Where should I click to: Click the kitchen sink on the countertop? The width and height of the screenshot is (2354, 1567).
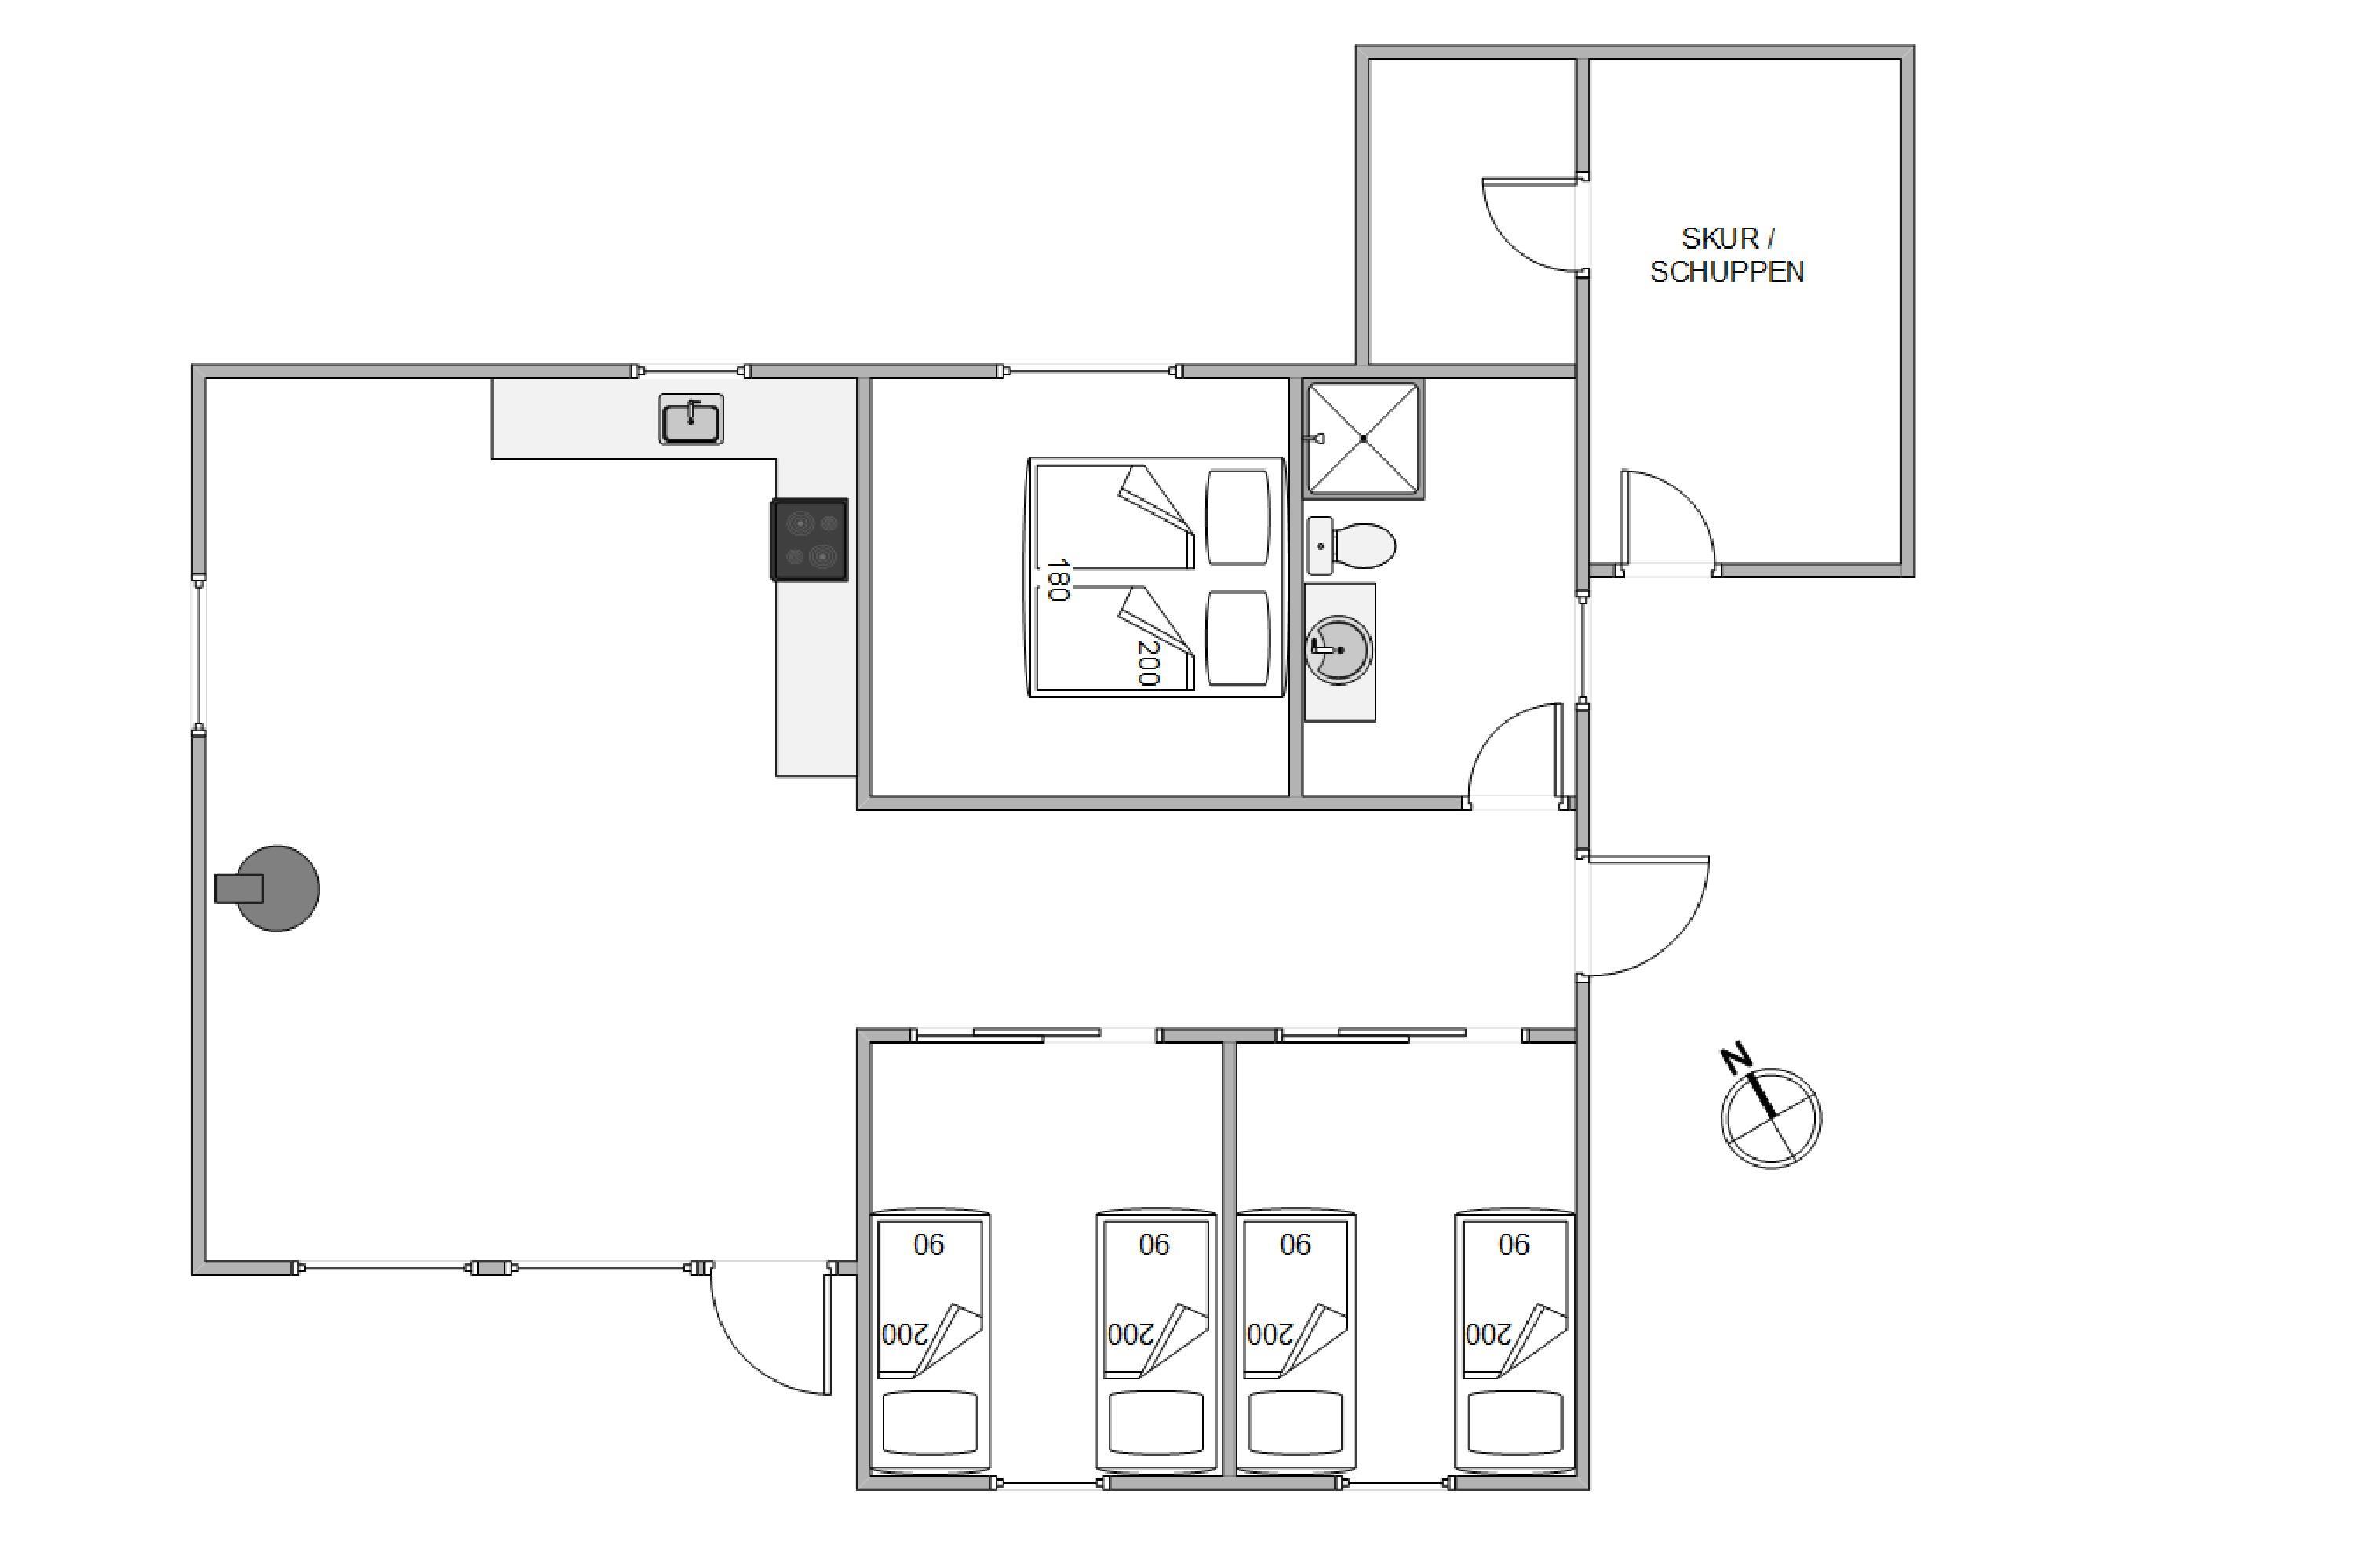coord(691,419)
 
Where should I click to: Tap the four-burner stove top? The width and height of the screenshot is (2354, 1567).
coord(809,540)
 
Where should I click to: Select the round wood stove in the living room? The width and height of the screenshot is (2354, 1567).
coord(268,888)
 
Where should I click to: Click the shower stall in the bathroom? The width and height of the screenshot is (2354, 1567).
coord(1364,439)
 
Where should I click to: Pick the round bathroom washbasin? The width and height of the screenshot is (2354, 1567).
coord(1339,650)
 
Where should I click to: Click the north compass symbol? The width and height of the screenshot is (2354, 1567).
coord(1770,1117)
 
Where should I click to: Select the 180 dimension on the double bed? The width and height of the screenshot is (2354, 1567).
coord(1057,580)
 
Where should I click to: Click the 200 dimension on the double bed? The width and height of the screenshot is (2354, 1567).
coord(1148,662)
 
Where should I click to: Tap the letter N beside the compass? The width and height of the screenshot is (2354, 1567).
coord(1736,1059)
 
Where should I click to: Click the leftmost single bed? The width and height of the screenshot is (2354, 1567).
coord(929,1341)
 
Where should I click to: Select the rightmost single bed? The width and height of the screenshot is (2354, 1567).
coord(1514,1341)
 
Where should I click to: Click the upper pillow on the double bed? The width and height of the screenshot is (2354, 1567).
coord(1238,518)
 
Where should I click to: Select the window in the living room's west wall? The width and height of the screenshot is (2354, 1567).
coord(199,654)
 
